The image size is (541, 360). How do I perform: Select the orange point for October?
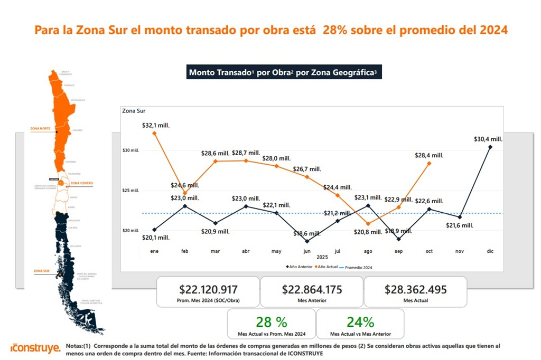428,163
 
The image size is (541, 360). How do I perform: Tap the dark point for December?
490,147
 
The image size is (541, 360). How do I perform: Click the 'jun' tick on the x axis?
307,251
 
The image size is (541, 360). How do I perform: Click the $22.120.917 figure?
208,289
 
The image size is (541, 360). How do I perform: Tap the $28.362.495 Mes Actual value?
416,289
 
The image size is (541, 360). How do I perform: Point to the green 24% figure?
360,322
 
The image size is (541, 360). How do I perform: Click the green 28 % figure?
272,322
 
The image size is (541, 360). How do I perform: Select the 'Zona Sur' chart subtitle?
134,111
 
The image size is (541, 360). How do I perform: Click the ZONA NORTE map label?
40,128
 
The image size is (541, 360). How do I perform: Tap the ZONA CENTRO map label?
81,183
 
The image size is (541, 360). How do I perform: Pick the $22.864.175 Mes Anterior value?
312,289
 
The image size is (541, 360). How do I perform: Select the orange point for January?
154,133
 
